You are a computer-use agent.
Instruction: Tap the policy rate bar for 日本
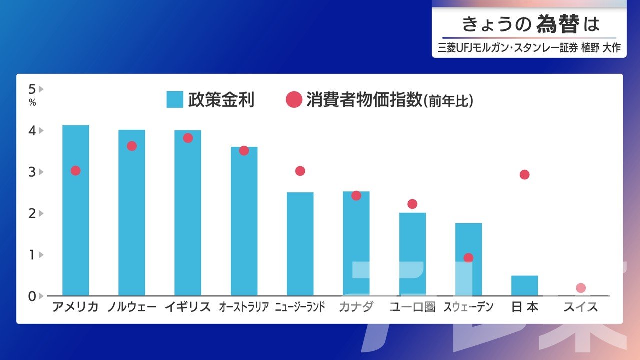click(524, 285)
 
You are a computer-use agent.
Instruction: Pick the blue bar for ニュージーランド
click(300, 244)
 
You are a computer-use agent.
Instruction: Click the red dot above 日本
click(524, 174)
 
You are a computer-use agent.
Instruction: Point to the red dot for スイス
click(580, 288)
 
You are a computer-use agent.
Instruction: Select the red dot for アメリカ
click(76, 170)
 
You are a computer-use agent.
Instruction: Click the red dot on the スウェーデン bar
click(468, 258)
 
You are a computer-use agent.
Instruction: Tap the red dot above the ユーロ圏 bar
click(412, 204)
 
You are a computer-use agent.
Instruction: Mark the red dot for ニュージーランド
click(300, 171)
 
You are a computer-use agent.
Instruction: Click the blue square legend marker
click(175, 100)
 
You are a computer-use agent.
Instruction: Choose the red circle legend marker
click(294, 100)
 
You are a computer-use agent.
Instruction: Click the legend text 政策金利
click(221, 100)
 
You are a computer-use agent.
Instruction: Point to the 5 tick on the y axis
click(32, 89)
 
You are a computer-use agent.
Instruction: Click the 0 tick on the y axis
click(32, 296)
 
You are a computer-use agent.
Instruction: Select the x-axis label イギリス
click(188, 307)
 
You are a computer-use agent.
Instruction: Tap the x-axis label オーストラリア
click(244, 307)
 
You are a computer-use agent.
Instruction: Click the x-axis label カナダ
click(356, 307)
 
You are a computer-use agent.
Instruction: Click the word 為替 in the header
click(558, 24)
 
